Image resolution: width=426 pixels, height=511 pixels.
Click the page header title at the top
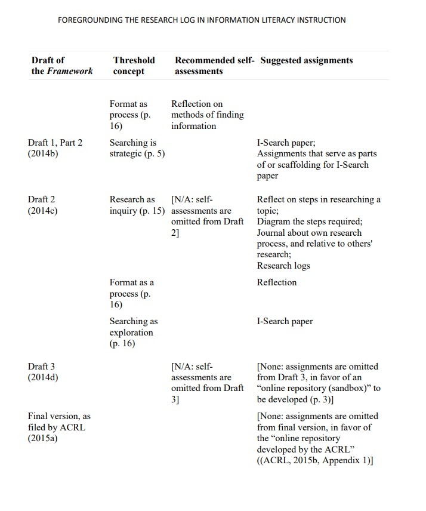pos(202,20)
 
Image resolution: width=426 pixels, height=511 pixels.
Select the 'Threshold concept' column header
pos(134,66)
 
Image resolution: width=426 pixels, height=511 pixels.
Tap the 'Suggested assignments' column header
pos(307,60)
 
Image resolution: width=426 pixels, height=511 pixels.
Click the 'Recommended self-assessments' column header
pos(214,66)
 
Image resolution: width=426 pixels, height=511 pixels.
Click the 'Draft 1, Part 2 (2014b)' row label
pos(55,148)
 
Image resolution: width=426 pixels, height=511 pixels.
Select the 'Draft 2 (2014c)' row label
pos(43,205)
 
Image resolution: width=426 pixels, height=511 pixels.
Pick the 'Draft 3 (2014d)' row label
pos(43,372)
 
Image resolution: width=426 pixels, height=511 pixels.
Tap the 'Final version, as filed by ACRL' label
pos(59,427)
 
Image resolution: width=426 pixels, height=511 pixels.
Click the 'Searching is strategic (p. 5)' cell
pos(137,148)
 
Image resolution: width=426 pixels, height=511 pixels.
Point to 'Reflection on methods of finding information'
pos(207,115)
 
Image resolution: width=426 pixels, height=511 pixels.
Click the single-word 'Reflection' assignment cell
pos(276,282)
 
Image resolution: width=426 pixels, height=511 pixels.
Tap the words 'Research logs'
pos(283,266)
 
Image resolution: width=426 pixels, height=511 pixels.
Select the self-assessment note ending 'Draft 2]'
pos(207,216)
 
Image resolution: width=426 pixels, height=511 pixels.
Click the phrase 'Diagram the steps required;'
pos(309,221)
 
